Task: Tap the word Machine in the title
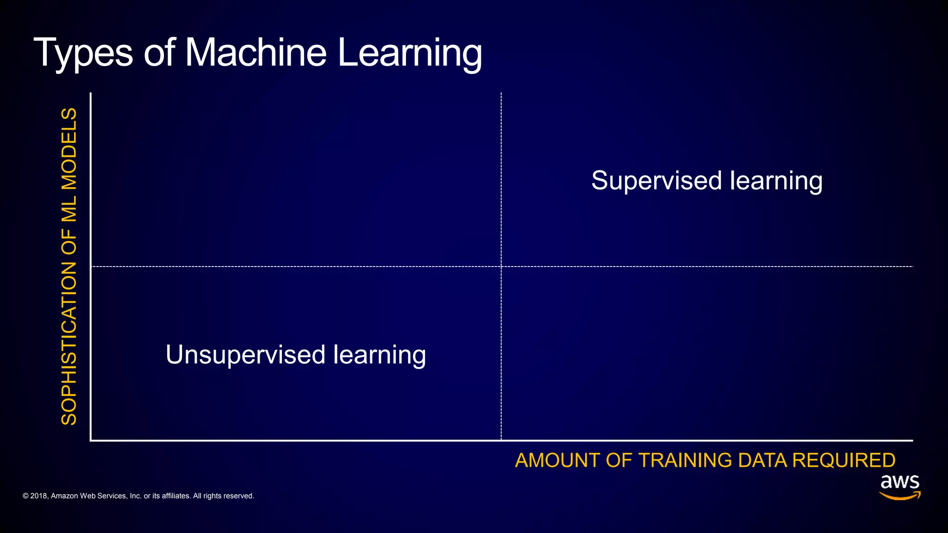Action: [256, 53]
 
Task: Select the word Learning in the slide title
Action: [410, 54]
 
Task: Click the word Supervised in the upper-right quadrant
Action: [656, 181]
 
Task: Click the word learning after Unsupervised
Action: [380, 355]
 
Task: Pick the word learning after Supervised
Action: [776, 181]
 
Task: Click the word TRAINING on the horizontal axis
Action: [685, 461]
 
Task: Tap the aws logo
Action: [900, 487]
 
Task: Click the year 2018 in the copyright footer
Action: [38, 496]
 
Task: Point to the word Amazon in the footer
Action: [64, 496]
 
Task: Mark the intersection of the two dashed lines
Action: [501, 266]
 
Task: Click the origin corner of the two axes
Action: [91, 440]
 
